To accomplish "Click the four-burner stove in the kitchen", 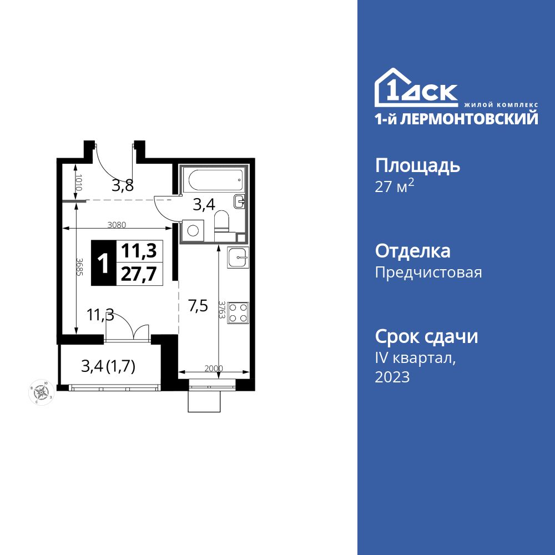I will [238, 312].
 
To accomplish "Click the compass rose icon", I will [42, 392].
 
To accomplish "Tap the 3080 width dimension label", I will [117, 225].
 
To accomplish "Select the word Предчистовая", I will [428, 273].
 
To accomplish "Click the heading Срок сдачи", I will [426, 336].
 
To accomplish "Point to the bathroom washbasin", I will [240, 201].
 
